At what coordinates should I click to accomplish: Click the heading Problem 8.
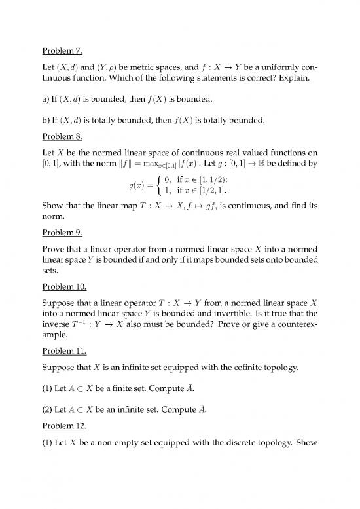64,138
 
